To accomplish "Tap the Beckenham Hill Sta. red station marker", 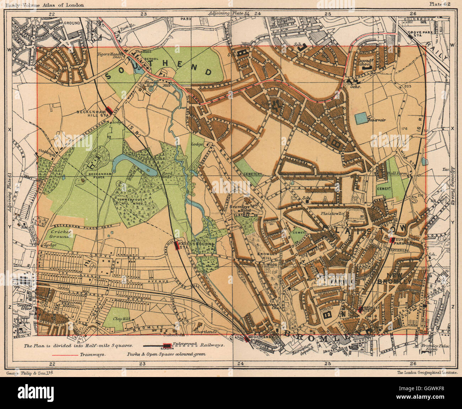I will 109,111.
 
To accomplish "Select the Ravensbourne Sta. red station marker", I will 176,246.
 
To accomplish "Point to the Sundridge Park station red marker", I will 392,240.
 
